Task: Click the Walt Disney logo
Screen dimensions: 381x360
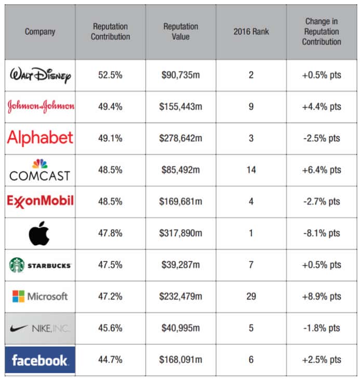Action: click(40, 75)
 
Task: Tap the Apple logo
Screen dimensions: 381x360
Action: click(40, 233)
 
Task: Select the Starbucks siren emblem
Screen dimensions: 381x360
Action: click(17, 265)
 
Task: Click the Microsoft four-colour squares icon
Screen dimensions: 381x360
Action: click(18, 297)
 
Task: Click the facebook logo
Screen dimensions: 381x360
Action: click(40, 360)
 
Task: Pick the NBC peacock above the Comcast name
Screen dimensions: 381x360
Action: click(40, 163)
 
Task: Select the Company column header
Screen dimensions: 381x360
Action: click(40, 32)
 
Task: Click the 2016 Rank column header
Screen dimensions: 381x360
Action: click(251, 32)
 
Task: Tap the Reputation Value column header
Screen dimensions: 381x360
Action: click(180, 32)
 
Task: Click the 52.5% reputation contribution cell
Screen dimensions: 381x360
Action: click(110, 75)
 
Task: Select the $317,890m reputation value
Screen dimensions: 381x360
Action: click(180, 233)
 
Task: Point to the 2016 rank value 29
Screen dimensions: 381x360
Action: click(251, 297)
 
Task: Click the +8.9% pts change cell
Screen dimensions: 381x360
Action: click(322, 297)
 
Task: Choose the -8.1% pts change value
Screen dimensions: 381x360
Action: click(322, 233)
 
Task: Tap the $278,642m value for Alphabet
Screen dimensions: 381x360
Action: click(180, 138)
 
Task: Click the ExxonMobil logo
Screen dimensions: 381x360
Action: click(40, 201)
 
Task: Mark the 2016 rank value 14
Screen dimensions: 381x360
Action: click(251, 170)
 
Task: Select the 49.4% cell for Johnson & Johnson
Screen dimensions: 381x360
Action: click(110, 107)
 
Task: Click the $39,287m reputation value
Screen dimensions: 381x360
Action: click(180, 265)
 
